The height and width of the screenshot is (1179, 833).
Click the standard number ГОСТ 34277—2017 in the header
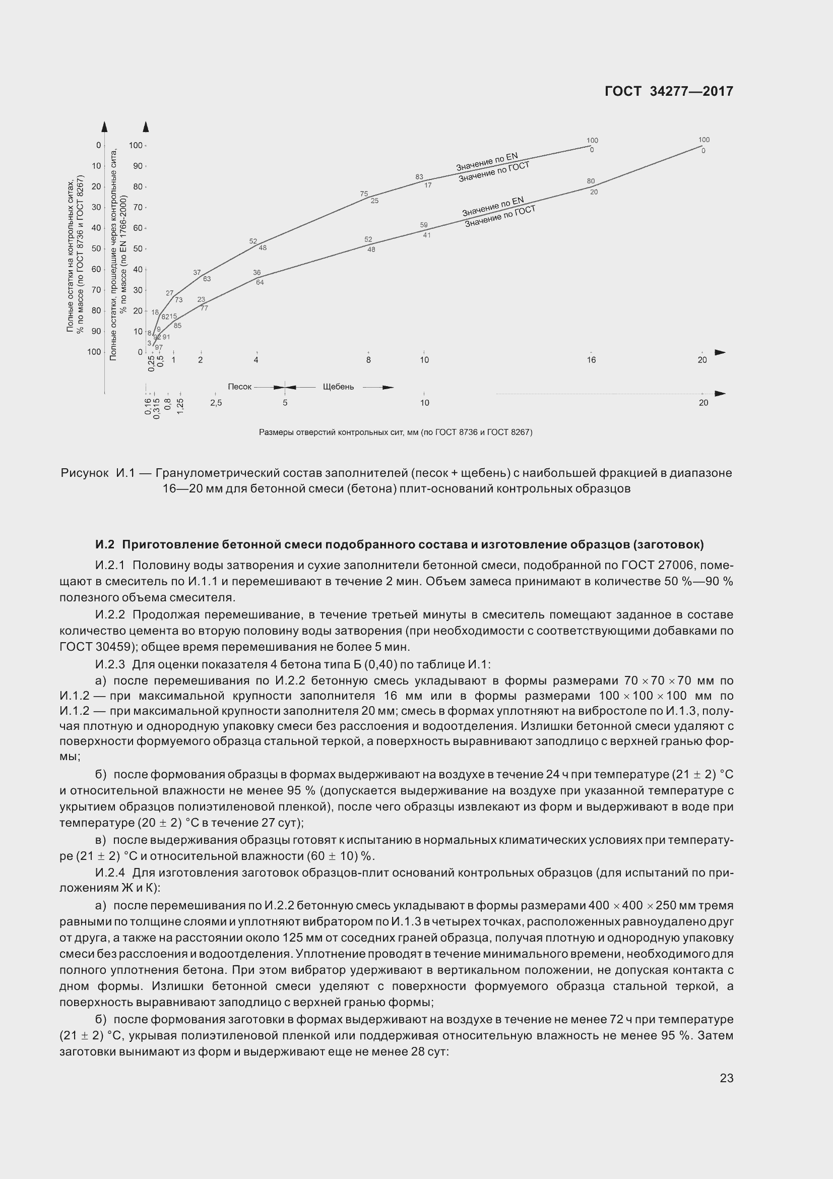(669, 91)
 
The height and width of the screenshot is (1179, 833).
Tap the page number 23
(726, 1078)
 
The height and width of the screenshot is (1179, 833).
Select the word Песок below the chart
(240, 387)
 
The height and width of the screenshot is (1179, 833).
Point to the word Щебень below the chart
(338, 387)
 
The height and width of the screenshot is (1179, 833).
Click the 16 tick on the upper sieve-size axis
(591, 360)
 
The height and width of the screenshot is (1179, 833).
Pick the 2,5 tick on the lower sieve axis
(216, 403)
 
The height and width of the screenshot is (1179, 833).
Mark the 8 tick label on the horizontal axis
(368, 360)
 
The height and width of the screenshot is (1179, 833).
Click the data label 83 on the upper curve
(419, 177)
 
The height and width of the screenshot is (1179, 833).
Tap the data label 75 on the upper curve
(364, 194)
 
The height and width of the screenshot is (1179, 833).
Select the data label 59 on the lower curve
(424, 225)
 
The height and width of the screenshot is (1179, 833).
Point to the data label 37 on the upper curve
(197, 273)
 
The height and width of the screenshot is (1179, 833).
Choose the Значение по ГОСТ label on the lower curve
(500, 216)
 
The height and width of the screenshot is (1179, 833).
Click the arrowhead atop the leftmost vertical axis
(104, 127)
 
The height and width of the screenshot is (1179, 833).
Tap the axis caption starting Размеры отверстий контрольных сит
(395, 432)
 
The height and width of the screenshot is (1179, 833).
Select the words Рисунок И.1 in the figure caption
(98, 473)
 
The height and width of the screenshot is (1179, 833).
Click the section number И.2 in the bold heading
(105, 544)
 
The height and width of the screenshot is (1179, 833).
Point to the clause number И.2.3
(110, 664)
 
